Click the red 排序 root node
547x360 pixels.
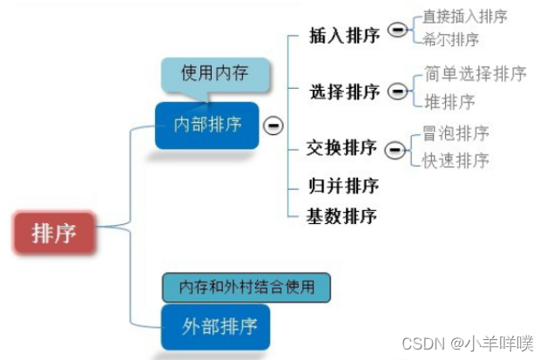[53, 233]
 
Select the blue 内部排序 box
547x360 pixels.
[207, 125]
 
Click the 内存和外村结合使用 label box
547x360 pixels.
[246, 286]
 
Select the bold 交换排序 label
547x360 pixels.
[342, 148]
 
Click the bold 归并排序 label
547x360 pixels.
[342, 186]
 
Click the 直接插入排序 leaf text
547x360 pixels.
[464, 17]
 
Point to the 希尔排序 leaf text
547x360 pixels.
[450, 39]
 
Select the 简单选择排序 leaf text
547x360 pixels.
[475, 74]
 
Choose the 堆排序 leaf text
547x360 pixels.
[449, 102]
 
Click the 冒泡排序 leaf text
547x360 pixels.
[456, 133]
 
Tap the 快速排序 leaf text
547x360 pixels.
[456, 160]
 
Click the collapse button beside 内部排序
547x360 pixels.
[273, 126]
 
